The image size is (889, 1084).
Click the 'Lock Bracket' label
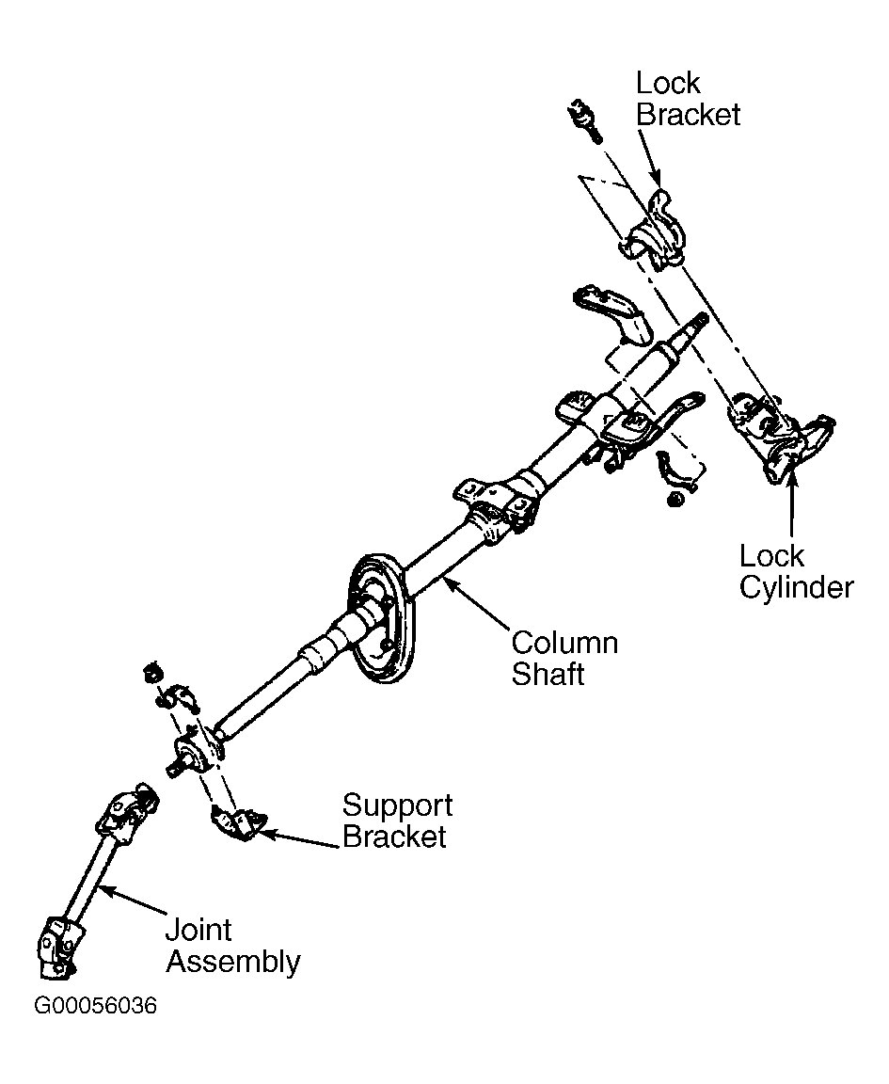[x=688, y=100]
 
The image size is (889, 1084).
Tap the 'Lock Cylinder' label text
[x=797, y=572]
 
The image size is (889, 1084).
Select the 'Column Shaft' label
[x=564, y=658]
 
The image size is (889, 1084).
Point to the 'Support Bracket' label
[x=398, y=821]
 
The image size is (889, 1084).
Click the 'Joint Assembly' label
[x=233, y=946]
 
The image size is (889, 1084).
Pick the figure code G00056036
[x=95, y=1005]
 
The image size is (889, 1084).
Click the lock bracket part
[x=653, y=228]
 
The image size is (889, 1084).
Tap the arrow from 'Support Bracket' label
[x=299, y=838]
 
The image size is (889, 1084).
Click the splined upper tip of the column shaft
[x=697, y=324]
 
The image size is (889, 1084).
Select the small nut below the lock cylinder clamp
[x=676, y=499]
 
